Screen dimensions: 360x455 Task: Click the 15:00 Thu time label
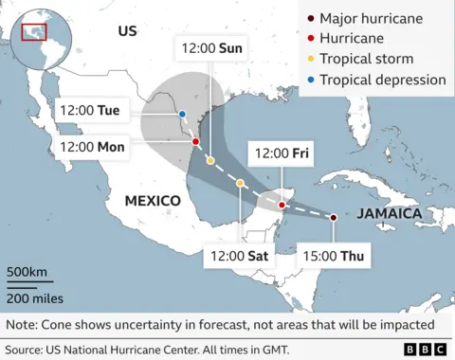tap(331, 254)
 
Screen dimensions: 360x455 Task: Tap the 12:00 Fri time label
tap(281, 153)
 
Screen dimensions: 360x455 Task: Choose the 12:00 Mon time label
tap(92, 146)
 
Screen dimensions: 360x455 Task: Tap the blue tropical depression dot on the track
tap(182, 116)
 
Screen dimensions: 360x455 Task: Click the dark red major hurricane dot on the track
tap(333, 218)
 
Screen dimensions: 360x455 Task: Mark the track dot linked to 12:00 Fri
tap(282, 205)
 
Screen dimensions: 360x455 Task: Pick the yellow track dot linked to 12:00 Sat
tap(241, 183)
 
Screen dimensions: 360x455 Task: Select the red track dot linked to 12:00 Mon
tap(195, 142)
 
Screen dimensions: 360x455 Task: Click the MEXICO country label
tap(153, 201)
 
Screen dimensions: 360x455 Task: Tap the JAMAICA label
tap(390, 214)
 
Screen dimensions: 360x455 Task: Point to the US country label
tap(127, 31)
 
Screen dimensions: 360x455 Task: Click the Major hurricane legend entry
tap(371, 18)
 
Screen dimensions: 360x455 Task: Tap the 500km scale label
tap(27, 273)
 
